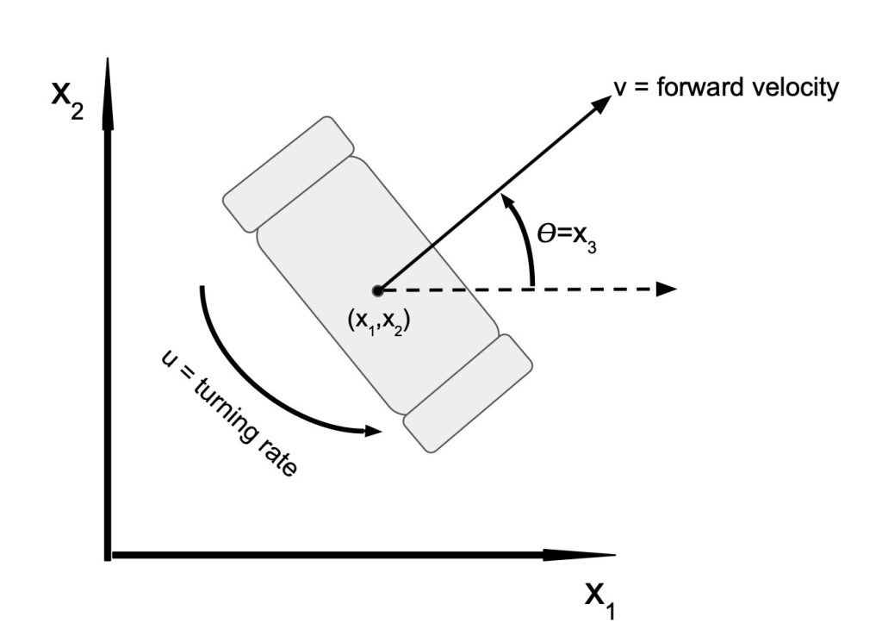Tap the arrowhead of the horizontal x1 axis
pos(580,555)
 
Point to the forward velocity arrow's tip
pos(611,96)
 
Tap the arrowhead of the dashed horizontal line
pos(666,290)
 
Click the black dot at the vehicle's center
pos(378,291)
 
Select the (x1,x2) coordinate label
pos(379,321)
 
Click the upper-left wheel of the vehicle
pos(289,174)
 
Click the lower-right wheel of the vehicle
pos(468,393)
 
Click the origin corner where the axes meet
pos(108,555)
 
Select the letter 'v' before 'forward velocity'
pos(620,89)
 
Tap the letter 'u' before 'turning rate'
pos(168,358)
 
